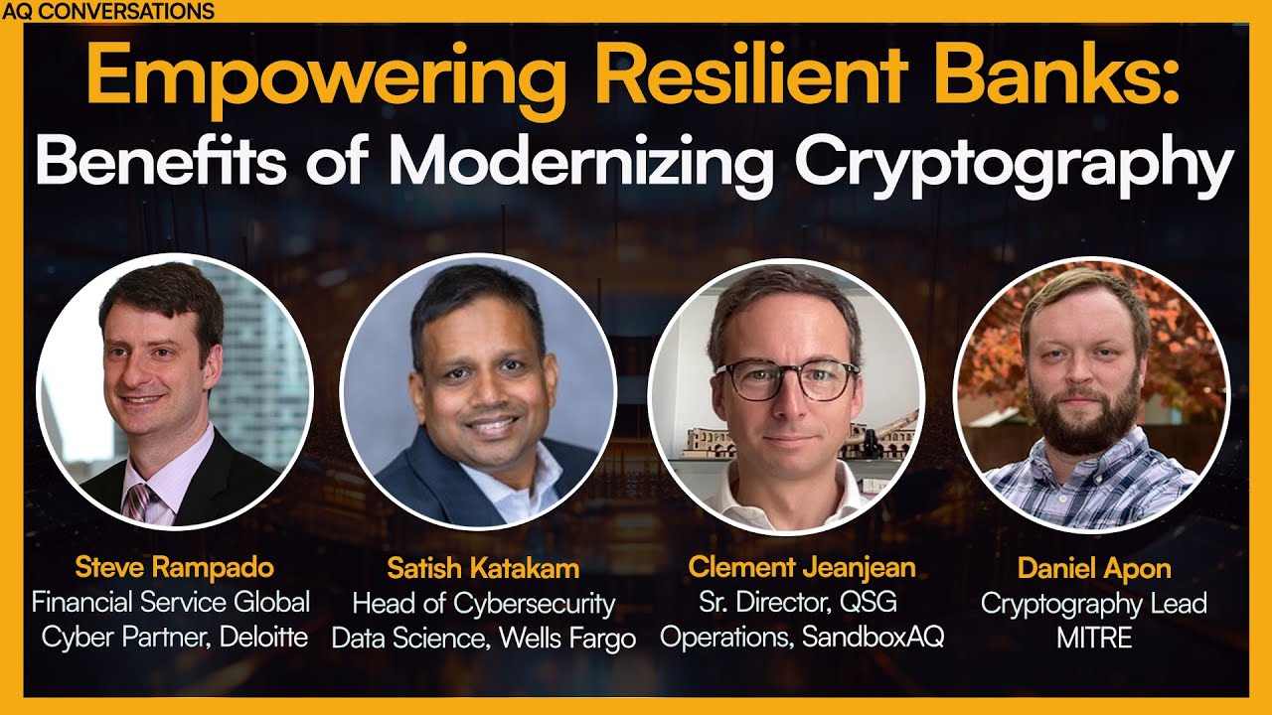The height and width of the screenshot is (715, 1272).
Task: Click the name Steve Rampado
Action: [174, 569]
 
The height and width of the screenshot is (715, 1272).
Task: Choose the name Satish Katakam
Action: [483, 569]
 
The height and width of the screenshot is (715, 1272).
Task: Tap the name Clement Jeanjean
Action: [801, 569]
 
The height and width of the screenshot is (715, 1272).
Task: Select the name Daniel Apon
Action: [1093, 569]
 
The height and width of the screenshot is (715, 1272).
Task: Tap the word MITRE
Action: [1093, 637]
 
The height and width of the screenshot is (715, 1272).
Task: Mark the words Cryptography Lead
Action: [1093, 603]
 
